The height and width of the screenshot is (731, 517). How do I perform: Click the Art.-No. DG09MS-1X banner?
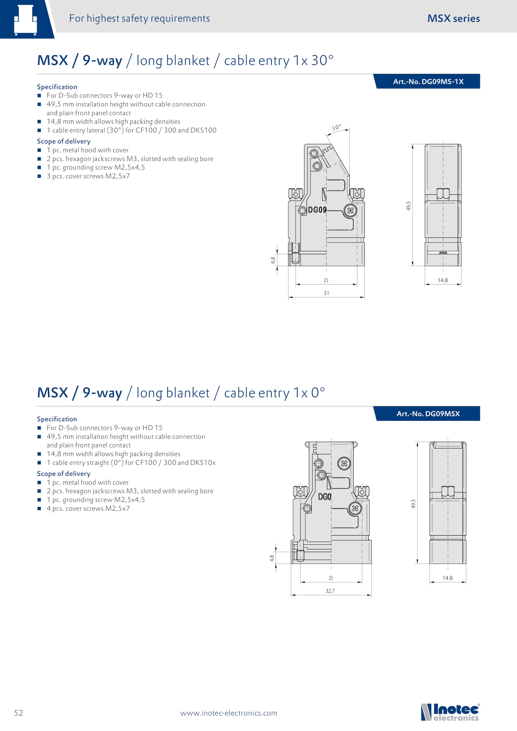[427, 81]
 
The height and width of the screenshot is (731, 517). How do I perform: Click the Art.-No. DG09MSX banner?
[427, 413]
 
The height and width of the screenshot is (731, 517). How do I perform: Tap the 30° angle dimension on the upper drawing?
[336, 128]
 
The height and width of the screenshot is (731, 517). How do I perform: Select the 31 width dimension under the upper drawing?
[326, 293]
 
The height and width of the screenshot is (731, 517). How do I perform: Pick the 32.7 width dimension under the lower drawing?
[330, 591]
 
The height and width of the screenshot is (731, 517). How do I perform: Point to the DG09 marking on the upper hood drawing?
[317, 210]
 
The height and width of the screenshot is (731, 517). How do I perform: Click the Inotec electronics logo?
[450, 712]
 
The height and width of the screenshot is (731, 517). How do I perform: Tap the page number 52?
[18, 713]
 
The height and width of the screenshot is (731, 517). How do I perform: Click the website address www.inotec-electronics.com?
[229, 713]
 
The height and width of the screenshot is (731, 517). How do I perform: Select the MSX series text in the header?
[454, 18]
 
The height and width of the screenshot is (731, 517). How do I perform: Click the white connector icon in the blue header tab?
[26, 20]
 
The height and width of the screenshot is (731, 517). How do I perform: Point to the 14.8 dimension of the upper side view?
[443, 280]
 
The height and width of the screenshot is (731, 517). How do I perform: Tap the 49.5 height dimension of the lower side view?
[413, 504]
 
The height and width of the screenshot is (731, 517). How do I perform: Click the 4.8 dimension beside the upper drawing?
[273, 260]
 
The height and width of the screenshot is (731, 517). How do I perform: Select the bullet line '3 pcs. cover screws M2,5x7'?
[88, 176]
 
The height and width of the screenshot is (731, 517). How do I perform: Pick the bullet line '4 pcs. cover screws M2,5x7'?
[88, 508]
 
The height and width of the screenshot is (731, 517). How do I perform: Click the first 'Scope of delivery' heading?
[64, 141]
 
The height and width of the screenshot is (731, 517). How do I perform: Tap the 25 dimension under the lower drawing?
[331, 578]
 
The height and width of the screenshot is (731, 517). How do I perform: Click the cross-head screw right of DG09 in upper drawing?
[350, 211]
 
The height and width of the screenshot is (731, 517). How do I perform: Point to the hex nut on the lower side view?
[448, 492]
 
